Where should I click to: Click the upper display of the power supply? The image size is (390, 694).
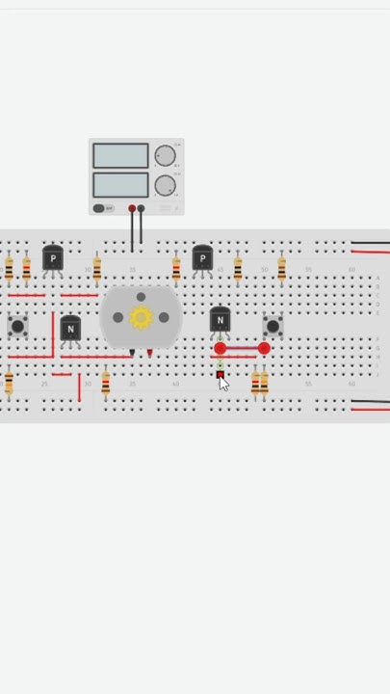[x=120, y=155]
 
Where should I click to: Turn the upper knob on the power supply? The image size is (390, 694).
[x=166, y=155]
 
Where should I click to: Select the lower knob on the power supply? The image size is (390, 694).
[x=166, y=185]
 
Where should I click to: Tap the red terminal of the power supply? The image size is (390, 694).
[x=132, y=208]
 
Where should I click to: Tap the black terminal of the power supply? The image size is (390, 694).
[x=142, y=208]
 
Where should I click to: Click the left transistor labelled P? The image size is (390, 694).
[x=53, y=258]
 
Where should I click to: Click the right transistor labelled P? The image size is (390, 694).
[x=202, y=258]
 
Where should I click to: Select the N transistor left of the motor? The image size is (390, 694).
[x=70, y=329]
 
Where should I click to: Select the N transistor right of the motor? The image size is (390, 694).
[x=220, y=319]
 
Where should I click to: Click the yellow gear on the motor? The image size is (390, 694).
[x=141, y=317]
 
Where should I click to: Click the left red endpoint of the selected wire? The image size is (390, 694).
[x=221, y=348]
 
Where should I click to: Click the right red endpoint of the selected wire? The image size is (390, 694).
[x=264, y=348]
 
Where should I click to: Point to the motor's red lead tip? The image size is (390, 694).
[x=149, y=354]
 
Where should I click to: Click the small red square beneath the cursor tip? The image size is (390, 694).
[x=220, y=374]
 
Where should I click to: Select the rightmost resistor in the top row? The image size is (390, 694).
[x=281, y=269]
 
